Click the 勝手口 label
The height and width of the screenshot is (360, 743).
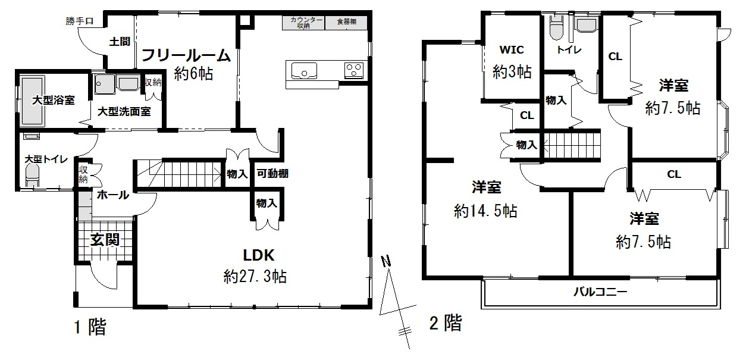coord(80,22)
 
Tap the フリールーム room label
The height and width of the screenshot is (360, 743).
coord(185,56)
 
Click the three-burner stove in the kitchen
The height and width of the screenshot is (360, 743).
coord(355,70)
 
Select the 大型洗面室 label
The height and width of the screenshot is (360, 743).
coord(124,111)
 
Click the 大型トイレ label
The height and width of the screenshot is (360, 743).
coord(45,159)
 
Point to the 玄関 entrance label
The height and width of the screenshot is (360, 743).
coord(105,240)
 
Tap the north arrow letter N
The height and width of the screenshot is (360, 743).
coord(386,261)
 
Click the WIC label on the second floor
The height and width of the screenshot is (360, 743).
coord(512,50)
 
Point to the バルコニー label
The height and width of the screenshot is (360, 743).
coord(600,293)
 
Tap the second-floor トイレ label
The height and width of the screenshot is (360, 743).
coord(569,51)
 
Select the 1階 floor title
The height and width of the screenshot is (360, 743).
coord(89,327)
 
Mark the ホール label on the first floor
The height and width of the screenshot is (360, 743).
coord(112,195)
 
